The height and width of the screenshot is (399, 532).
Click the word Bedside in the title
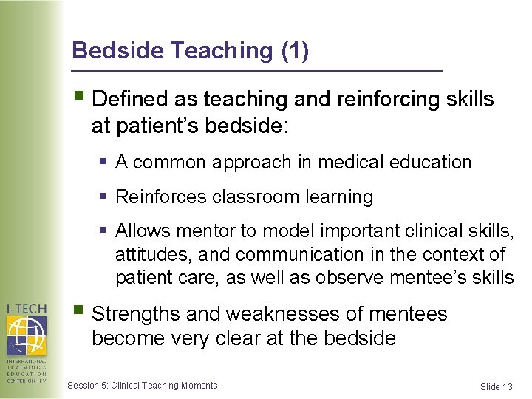tap(118, 50)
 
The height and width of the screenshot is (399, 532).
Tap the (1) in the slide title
tap(295, 50)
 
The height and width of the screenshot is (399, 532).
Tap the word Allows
tap(144, 231)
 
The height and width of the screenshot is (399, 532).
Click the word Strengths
tap(137, 314)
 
